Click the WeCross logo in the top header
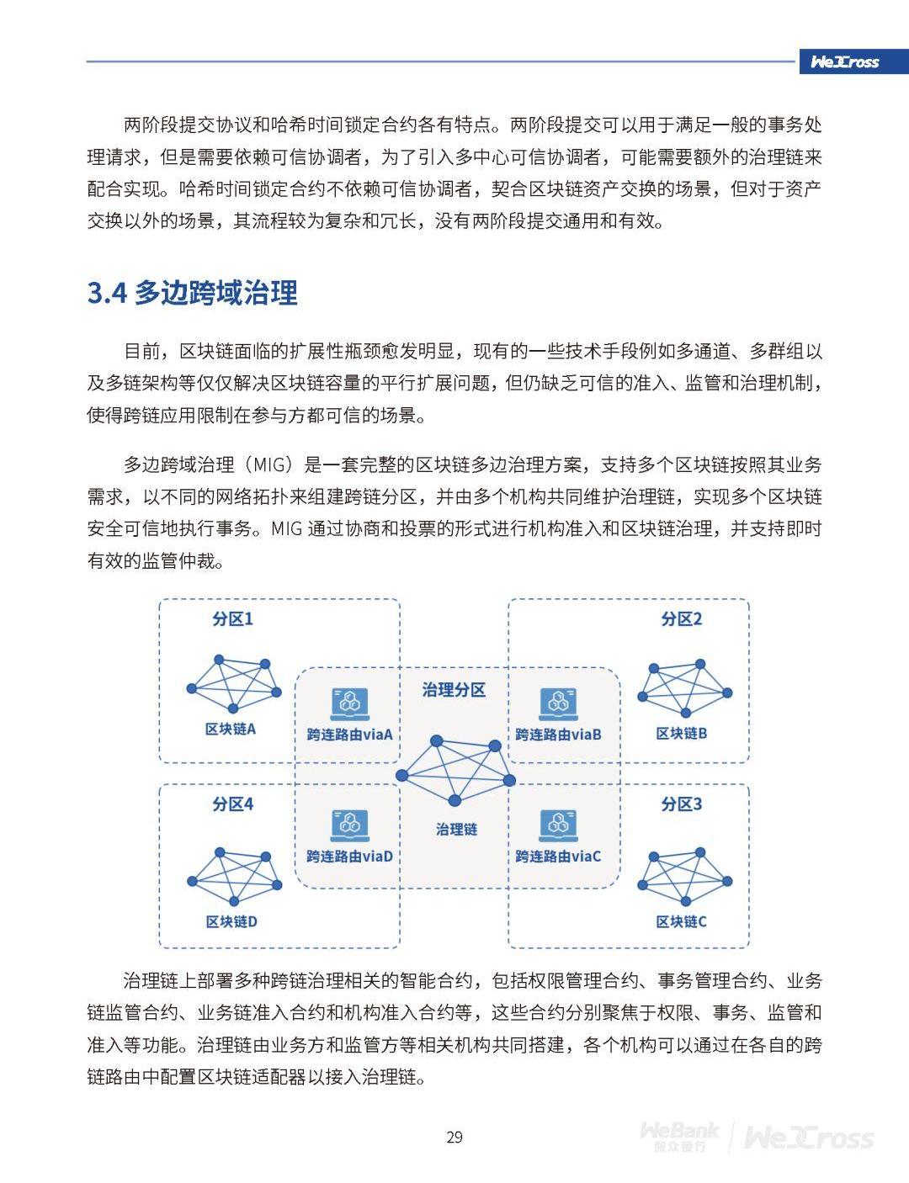(844, 61)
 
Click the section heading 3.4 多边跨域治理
(193, 293)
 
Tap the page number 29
(454, 1138)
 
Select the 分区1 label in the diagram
(232, 619)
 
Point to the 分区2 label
(681, 619)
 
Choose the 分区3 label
(681, 804)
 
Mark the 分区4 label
(232, 804)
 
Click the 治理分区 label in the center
(454, 690)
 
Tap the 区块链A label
(231, 729)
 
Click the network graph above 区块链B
(684, 690)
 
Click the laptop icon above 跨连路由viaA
(349, 703)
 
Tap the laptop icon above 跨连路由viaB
(558, 703)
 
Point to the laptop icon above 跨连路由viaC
(558, 824)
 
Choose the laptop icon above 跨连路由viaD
(349, 824)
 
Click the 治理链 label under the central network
(456, 830)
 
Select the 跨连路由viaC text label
(558, 857)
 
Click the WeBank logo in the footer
(680, 1137)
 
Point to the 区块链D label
(231, 922)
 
